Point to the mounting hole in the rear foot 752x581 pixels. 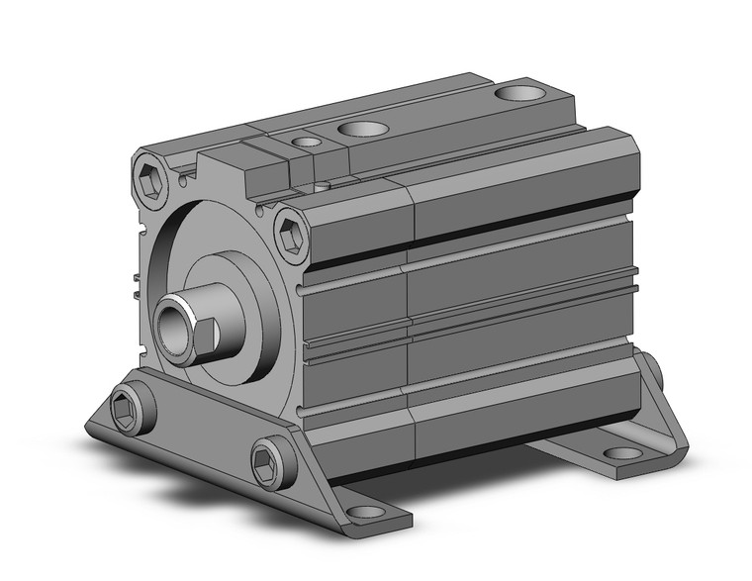coord(623,453)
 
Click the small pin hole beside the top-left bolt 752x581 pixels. coord(184,180)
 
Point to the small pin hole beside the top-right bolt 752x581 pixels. coord(261,210)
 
